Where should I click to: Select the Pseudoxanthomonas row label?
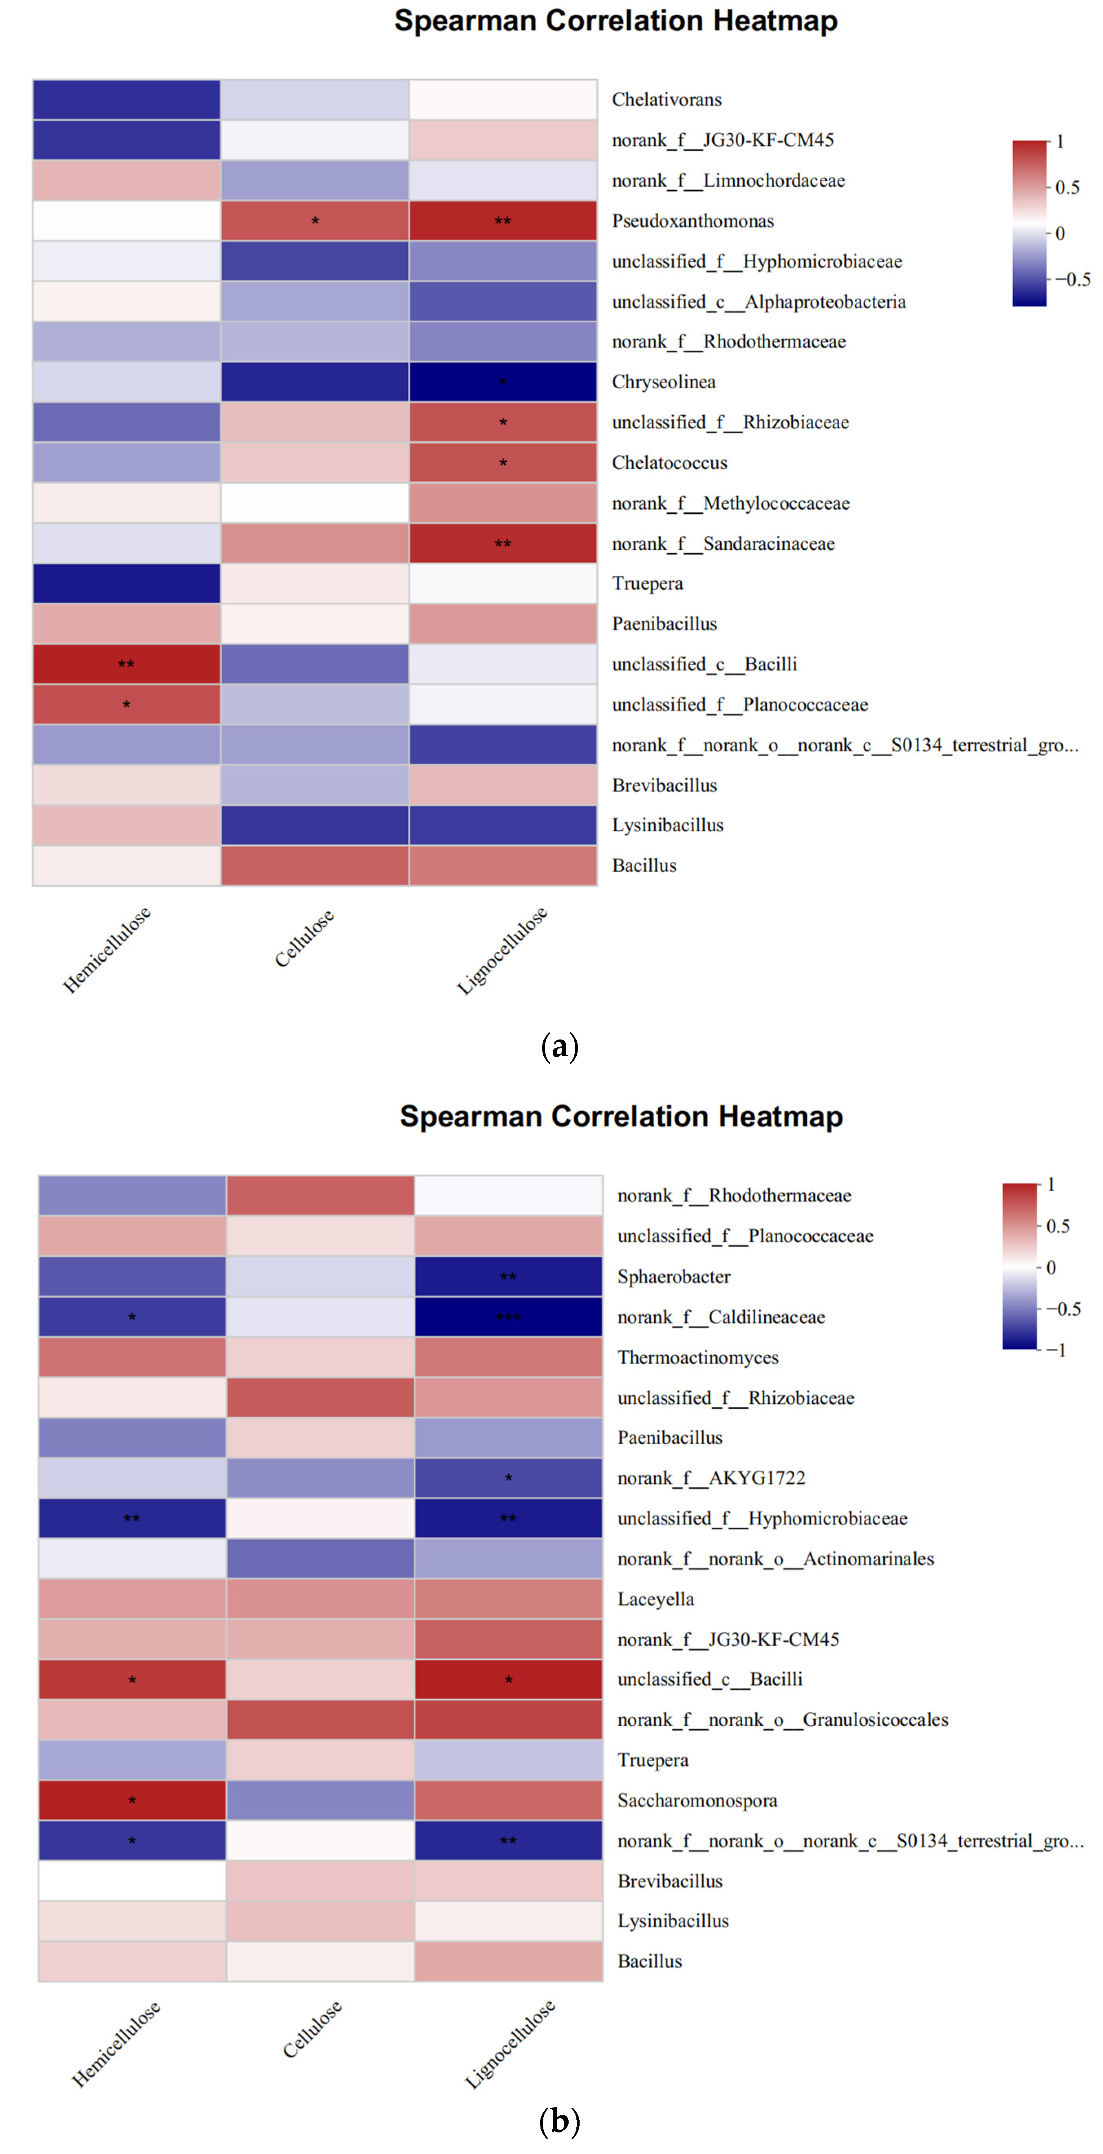693,221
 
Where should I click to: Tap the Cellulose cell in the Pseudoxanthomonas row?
314,221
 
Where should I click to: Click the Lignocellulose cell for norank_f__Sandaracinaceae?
503,544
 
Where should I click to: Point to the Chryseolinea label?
663,382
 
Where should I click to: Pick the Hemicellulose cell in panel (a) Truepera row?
126,584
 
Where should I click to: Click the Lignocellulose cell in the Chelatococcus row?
503,463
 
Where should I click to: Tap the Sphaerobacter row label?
673,1277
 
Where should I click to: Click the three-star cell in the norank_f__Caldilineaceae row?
508,1317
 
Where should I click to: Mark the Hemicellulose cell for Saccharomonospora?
132,1800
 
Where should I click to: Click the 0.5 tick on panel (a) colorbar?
1066,187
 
